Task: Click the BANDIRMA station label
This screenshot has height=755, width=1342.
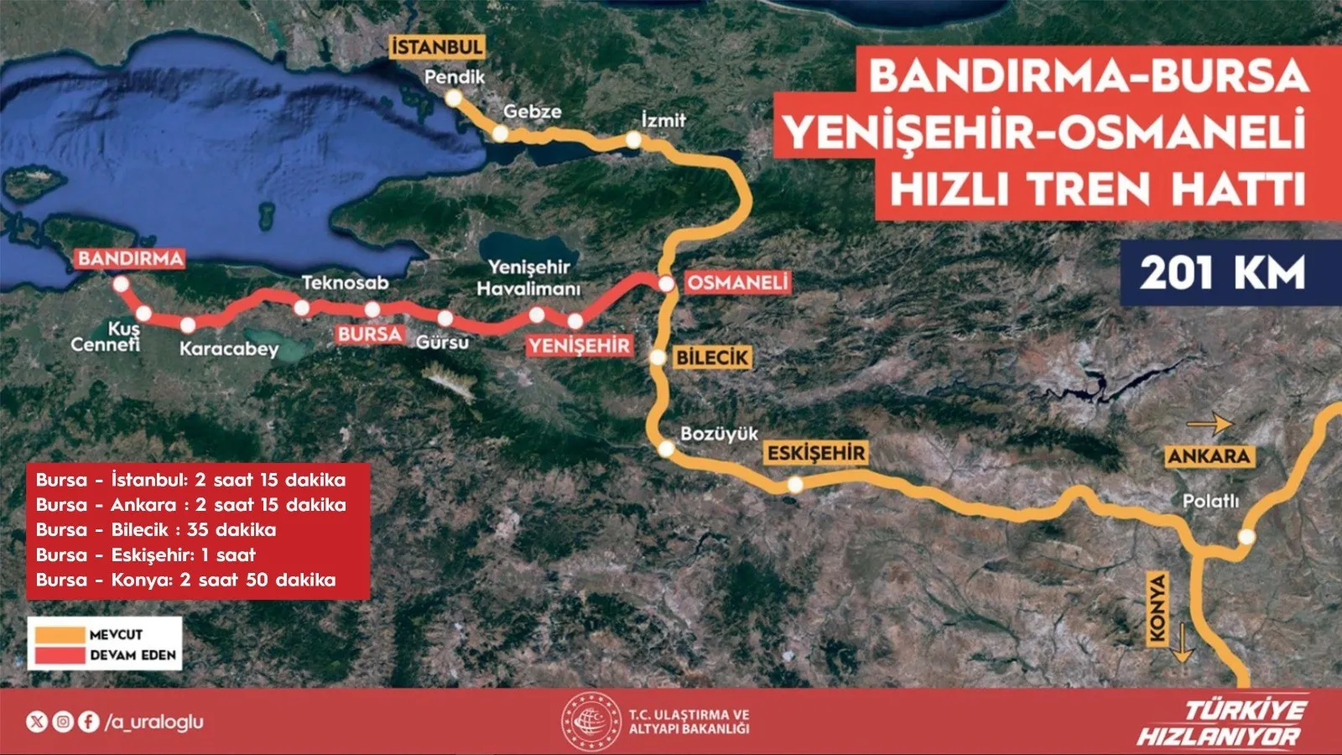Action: point(130,258)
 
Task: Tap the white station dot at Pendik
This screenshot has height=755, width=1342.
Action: point(453,98)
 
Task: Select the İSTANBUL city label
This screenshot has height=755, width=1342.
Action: point(437,47)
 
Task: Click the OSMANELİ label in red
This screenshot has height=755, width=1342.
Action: point(737,283)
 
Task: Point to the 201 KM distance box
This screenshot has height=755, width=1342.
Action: point(1222,273)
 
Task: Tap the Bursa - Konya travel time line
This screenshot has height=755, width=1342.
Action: point(185,580)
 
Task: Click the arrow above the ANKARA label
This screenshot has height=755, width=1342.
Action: point(1209,424)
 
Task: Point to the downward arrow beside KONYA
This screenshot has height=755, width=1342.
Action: point(1181,643)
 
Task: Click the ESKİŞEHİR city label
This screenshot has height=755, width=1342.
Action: point(815,453)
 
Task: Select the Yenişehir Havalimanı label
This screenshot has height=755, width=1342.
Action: point(528,278)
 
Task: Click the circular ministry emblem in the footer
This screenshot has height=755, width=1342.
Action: point(590,721)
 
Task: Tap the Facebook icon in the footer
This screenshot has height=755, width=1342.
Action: point(88,721)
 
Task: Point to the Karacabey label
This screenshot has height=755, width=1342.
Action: point(228,348)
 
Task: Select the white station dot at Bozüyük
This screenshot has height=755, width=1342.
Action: point(665,449)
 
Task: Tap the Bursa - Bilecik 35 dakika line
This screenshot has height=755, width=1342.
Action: point(156,530)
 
